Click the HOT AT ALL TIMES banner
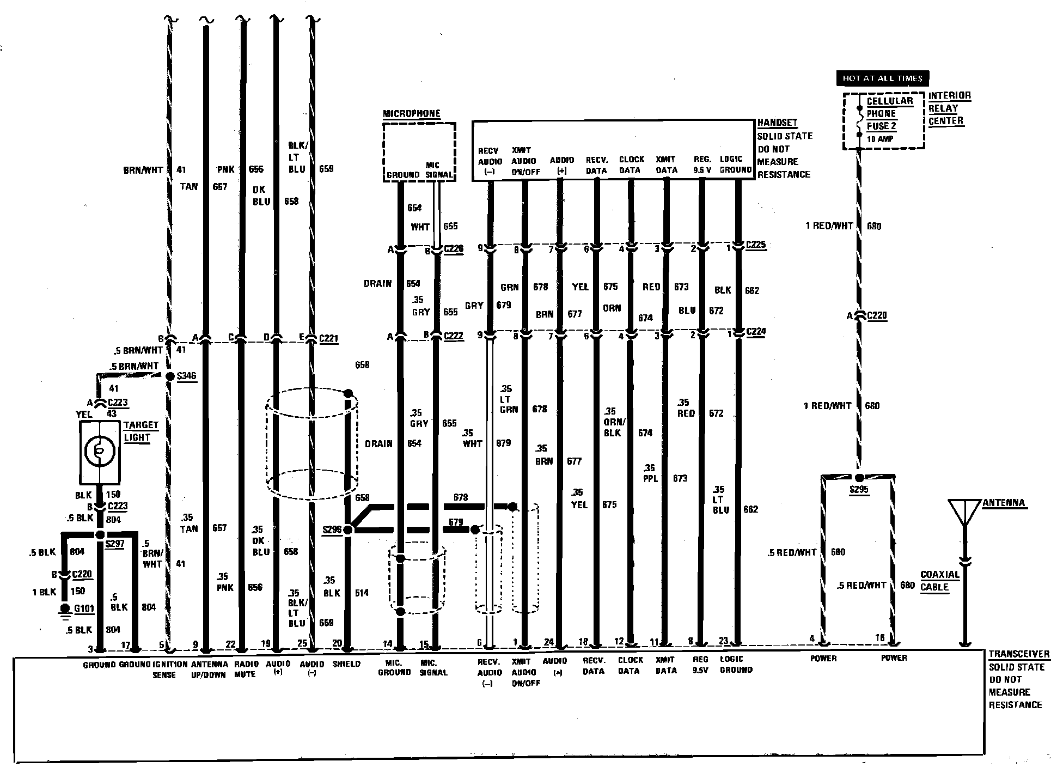882,78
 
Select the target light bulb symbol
100,449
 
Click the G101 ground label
84,608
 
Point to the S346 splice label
186,376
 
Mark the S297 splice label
115,544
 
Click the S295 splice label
859,490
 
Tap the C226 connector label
453,249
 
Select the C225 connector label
756,245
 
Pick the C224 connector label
756,332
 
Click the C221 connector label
328,338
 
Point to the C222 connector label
454,336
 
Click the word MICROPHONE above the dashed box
411,114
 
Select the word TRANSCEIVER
1019,654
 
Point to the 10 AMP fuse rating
881,139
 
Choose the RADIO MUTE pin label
245,669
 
